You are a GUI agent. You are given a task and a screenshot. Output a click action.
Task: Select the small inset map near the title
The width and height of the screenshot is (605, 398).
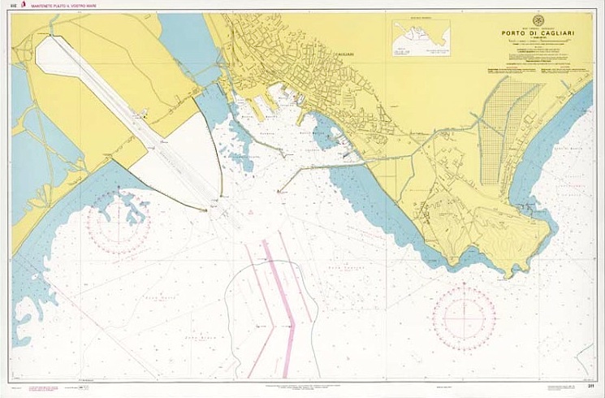point(421,38)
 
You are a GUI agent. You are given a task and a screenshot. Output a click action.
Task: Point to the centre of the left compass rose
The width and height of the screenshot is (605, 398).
point(118,219)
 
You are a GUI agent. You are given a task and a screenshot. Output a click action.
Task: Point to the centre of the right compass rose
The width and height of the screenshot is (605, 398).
point(464,316)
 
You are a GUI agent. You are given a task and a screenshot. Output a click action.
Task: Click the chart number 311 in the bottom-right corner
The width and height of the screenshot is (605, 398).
point(591,384)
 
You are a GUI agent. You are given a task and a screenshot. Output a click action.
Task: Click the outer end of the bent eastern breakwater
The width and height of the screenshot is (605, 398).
point(279,192)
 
